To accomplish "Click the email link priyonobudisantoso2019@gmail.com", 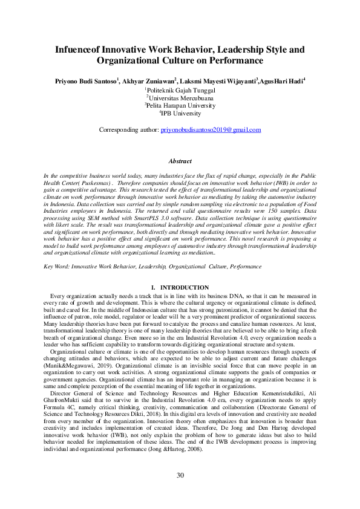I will pyautogui.click(x=211, y=129).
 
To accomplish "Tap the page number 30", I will pyautogui.click(x=180, y=475).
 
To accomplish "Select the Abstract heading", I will pyautogui.click(x=180, y=161).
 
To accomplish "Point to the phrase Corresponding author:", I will pyautogui.click(x=128, y=129).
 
